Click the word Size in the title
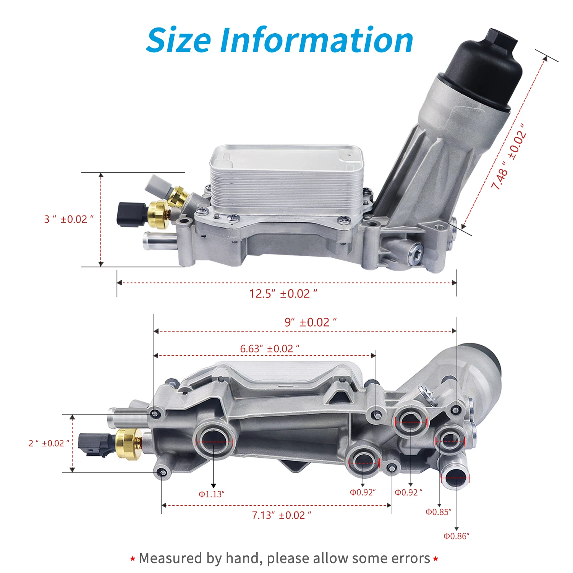178,40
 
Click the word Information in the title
317,40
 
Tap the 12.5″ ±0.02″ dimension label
283,294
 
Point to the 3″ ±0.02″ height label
69,219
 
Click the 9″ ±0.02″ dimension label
311,322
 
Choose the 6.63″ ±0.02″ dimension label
270,349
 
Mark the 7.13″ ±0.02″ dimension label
282,515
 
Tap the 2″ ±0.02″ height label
49,444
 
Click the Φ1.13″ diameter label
212,494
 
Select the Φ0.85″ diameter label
439,512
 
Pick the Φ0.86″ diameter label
456,536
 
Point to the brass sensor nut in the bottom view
129,443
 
